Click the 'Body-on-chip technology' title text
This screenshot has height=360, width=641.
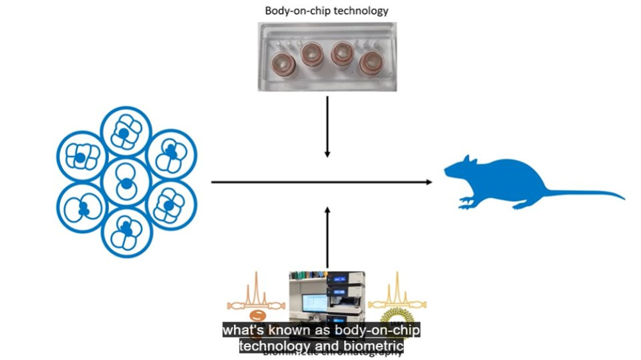click(327, 11)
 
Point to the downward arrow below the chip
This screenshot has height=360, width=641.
click(328, 128)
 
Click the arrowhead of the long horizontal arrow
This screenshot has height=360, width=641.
click(428, 182)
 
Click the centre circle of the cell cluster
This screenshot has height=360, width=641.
click(126, 182)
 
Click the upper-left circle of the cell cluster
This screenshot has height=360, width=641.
click(82, 158)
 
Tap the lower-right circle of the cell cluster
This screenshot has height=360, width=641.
click(170, 206)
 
